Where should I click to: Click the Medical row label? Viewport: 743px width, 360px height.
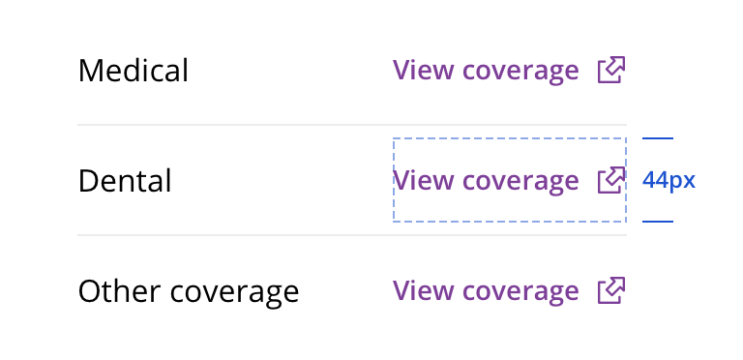pyautogui.click(x=134, y=71)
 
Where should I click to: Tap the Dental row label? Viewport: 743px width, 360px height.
pyautogui.click(x=125, y=181)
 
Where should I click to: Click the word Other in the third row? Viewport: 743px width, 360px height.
pyautogui.click(x=120, y=291)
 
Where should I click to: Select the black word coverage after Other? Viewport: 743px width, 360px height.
pyautogui.click(x=234, y=293)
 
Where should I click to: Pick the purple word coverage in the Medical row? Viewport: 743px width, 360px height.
pyautogui.click(x=520, y=73)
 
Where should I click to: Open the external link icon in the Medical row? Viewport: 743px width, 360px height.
pyautogui.click(x=611, y=70)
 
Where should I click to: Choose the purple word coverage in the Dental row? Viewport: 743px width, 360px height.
pyautogui.click(x=520, y=183)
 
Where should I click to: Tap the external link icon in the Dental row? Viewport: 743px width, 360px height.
pyautogui.click(x=611, y=180)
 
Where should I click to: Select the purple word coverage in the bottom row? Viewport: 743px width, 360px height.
pyautogui.click(x=520, y=293)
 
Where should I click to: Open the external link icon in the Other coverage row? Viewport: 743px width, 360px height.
pyautogui.click(x=611, y=290)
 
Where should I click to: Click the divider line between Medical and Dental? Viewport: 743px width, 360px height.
pyautogui.click(x=352, y=125)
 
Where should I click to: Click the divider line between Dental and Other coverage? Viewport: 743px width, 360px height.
pyautogui.click(x=352, y=235)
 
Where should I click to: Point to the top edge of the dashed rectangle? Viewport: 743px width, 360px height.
pyautogui.click(x=510, y=138)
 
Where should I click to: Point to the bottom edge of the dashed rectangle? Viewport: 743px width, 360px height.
pyautogui.click(x=510, y=222)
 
